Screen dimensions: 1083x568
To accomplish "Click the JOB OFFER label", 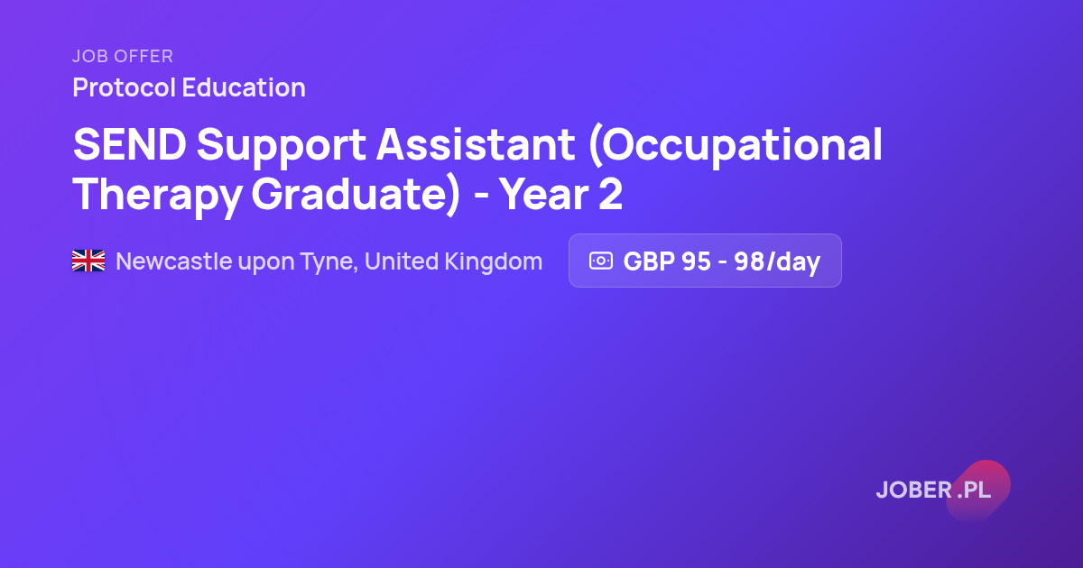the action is tap(123, 56).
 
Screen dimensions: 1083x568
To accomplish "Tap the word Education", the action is tap(244, 87).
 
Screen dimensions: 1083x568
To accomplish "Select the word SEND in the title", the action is tap(130, 144).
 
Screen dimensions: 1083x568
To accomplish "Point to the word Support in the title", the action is tap(282, 147).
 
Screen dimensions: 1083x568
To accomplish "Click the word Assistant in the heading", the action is tap(476, 144).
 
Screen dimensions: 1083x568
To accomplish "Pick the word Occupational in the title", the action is tap(735, 146).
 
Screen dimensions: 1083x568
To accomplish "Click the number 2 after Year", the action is tap(611, 194).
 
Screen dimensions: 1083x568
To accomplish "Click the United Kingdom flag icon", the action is tap(88, 261).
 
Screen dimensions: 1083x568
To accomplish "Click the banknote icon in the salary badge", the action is tap(601, 261).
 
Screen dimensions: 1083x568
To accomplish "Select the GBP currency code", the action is tap(649, 261).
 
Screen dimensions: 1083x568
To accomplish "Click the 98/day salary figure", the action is tap(777, 261).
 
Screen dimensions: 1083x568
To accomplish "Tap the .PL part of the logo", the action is tap(974, 490).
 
